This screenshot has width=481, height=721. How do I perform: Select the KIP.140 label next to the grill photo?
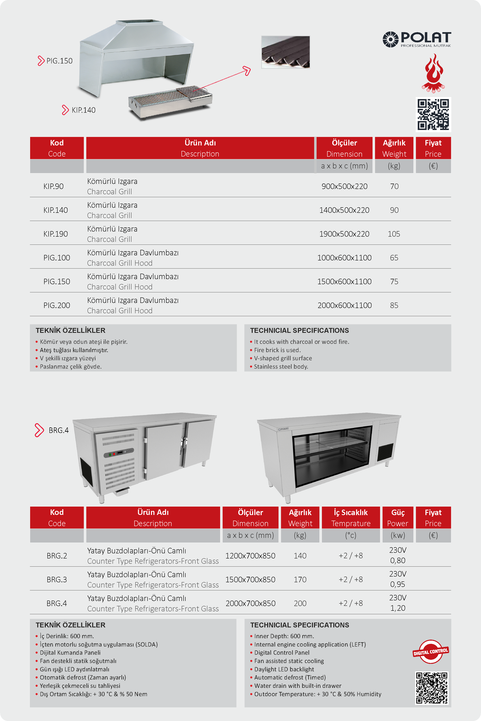coord(83,110)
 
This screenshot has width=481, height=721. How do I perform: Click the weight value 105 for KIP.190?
coord(394,234)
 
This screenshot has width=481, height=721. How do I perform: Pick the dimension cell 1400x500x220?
coord(344,210)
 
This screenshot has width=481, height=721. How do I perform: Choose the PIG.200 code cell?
coord(57,305)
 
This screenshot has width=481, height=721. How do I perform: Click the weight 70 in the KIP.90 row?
coord(394,187)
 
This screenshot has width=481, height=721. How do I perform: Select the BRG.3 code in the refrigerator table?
coord(57,580)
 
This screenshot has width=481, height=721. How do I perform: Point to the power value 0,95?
coord(398,584)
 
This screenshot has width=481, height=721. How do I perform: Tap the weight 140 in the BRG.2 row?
coord(300,556)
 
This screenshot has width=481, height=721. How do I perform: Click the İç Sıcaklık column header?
coord(351,518)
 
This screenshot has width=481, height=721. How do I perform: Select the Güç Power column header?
coord(398,518)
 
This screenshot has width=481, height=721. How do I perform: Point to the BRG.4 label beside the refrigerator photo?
coord(58,430)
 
